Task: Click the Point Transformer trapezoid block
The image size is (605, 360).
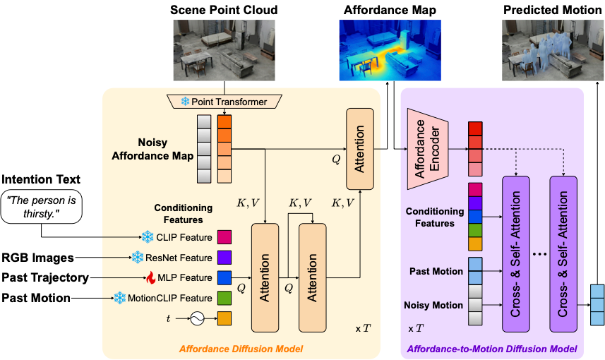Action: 224,102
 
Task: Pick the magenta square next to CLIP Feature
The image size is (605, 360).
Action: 224,236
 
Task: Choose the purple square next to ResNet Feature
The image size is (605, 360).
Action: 224,258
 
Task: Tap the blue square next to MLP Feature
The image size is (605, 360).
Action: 224,277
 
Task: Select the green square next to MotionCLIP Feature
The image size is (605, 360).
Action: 224,298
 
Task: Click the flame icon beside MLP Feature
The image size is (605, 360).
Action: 150,277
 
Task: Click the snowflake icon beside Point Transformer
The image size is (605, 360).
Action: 186,102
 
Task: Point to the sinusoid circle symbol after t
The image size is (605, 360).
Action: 196,319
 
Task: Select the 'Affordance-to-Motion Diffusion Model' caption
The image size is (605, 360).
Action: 492,348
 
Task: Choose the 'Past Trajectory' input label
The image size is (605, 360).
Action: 44,277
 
